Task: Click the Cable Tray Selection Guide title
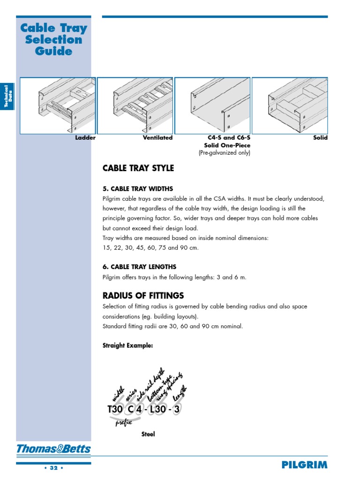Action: click(54, 39)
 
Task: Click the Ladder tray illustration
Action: click(58, 105)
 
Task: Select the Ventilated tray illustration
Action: click(135, 105)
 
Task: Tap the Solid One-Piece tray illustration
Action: click(212, 105)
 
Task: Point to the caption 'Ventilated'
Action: click(157, 138)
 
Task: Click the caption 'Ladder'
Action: click(85, 138)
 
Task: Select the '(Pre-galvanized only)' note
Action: click(224, 153)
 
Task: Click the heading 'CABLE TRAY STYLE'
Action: click(138, 168)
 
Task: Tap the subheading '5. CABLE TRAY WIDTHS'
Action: click(138, 189)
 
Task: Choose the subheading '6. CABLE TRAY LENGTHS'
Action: click(139, 267)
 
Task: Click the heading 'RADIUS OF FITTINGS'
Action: click(143, 296)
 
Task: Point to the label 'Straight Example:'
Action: click(127, 345)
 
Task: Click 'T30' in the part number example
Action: click(115, 409)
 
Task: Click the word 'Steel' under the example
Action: click(148, 435)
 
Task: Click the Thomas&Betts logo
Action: click(53, 450)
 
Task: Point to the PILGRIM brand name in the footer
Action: click(304, 465)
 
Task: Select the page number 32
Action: click(53, 468)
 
